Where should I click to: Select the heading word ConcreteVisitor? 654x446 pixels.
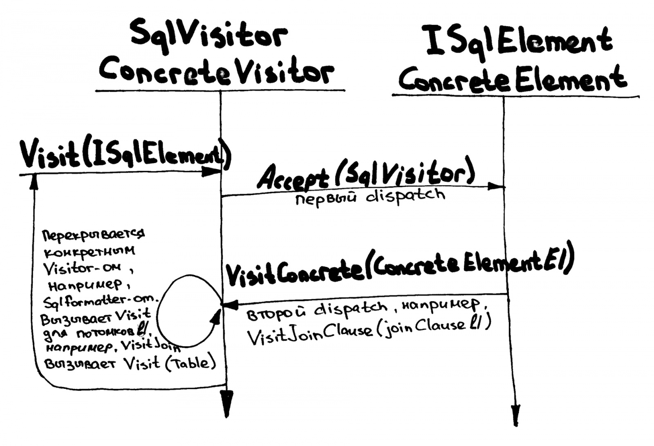(x=216, y=73)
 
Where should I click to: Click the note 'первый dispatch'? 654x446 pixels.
(x=370, y=197)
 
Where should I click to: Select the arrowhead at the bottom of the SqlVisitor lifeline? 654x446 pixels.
(x=226, y=403)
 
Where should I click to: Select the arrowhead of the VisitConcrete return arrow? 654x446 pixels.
(x=229, y=305)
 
